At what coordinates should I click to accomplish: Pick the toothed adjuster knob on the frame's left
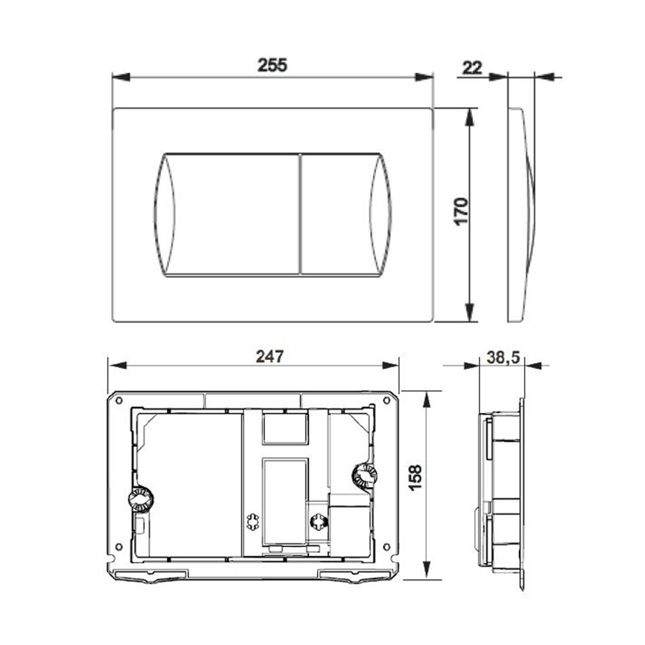(x=141, y=499)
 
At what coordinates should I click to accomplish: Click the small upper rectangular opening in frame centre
(x=284, y=428)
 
